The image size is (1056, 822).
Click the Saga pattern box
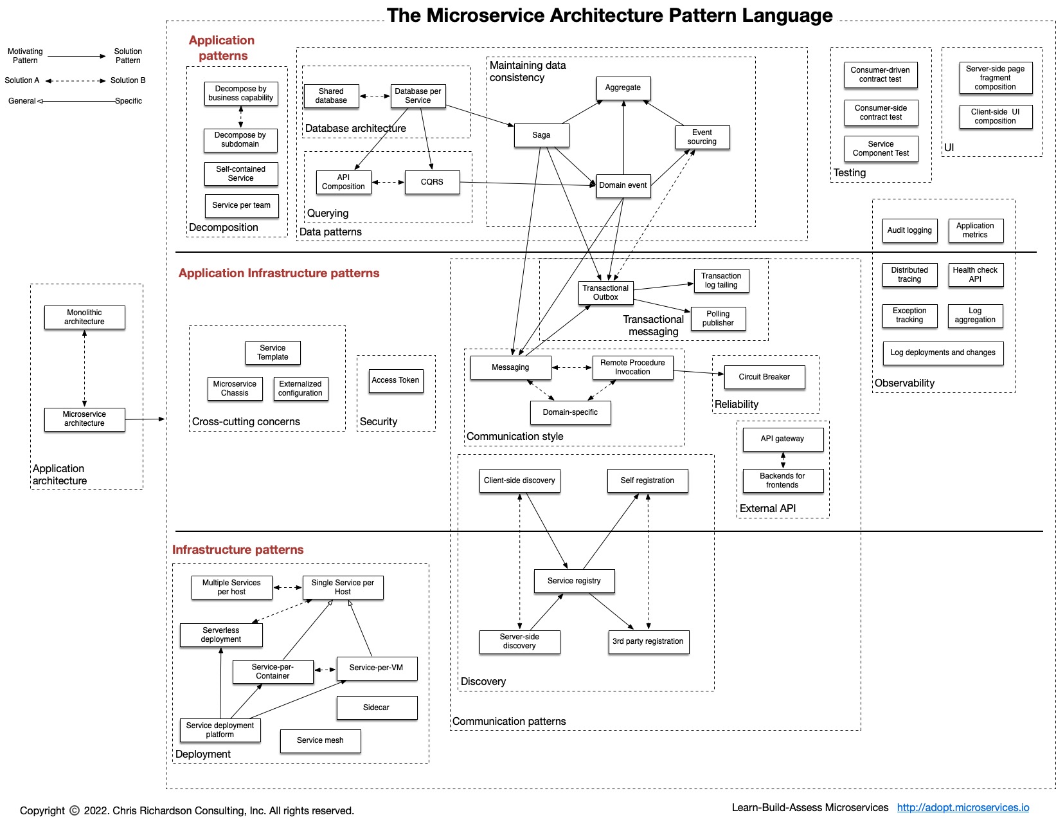541,135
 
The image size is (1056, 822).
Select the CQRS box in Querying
432,182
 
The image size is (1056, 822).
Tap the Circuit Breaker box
764,377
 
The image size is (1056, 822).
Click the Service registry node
574,581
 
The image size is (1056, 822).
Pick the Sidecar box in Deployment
376,708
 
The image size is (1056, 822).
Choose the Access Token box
395,380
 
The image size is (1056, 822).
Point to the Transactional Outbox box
605,293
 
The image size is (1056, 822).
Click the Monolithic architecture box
84,317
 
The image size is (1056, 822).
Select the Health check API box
975,275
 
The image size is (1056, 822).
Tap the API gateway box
782,439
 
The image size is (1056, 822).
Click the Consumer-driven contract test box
880,75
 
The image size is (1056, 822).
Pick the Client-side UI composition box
995,116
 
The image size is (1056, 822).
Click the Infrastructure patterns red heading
237,550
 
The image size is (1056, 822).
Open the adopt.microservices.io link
963,808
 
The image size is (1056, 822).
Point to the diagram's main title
609,15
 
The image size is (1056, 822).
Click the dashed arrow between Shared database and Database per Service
375,96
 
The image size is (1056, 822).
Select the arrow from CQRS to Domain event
527,184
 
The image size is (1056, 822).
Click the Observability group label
904,383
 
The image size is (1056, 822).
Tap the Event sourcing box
702,137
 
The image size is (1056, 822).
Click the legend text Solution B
128,80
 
